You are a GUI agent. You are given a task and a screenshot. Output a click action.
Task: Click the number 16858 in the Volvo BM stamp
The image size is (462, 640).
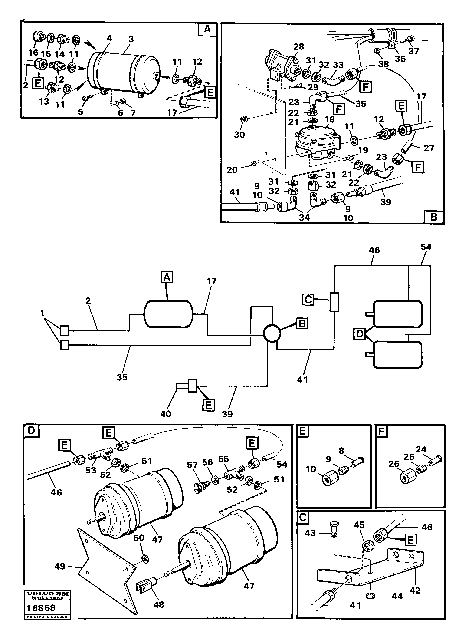coord(41,608)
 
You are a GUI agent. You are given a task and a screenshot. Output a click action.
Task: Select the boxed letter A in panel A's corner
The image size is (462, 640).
coord(207,29)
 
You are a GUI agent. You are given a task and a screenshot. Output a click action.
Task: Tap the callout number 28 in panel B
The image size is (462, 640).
coord(298,47)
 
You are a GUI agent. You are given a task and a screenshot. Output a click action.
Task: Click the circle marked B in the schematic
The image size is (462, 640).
coord(272,333)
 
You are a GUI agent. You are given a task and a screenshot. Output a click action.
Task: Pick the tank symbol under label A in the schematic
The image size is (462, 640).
coord(168,314)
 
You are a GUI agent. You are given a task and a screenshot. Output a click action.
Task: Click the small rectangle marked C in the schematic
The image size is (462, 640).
coord(334,302)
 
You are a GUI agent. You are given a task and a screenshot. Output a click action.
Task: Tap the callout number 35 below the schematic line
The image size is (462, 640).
coord(122,377)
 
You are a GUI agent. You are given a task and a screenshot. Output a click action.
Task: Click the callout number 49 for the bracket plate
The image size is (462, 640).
coord(60,566)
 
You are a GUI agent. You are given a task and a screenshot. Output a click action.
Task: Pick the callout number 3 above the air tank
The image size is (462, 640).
coord(131,39)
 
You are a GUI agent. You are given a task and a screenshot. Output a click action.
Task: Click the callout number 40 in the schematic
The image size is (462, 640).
coord(166,414)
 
